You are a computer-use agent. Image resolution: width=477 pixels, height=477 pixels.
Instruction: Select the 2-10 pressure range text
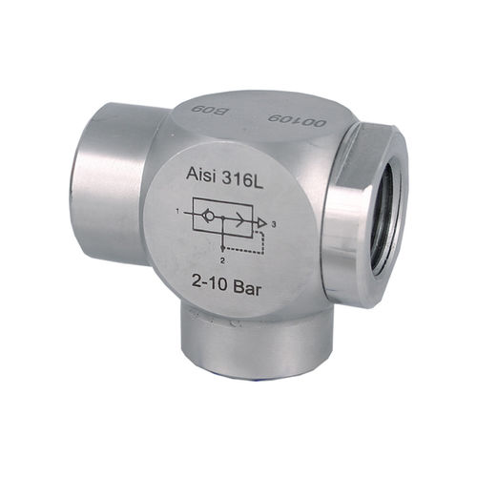pos(210,281)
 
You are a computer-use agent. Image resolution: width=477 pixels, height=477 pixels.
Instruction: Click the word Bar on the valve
pos(247,288)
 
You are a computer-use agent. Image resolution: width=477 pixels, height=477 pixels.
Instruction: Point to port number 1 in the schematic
pos(179,211)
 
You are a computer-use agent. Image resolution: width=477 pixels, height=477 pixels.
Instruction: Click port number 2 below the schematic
pos(222,261)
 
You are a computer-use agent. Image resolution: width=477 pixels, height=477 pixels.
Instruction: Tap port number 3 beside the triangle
pos(273,225)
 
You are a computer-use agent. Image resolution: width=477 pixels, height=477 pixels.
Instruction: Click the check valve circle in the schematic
pos(210,216)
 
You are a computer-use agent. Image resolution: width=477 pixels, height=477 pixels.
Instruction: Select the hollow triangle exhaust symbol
pos(261,223)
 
